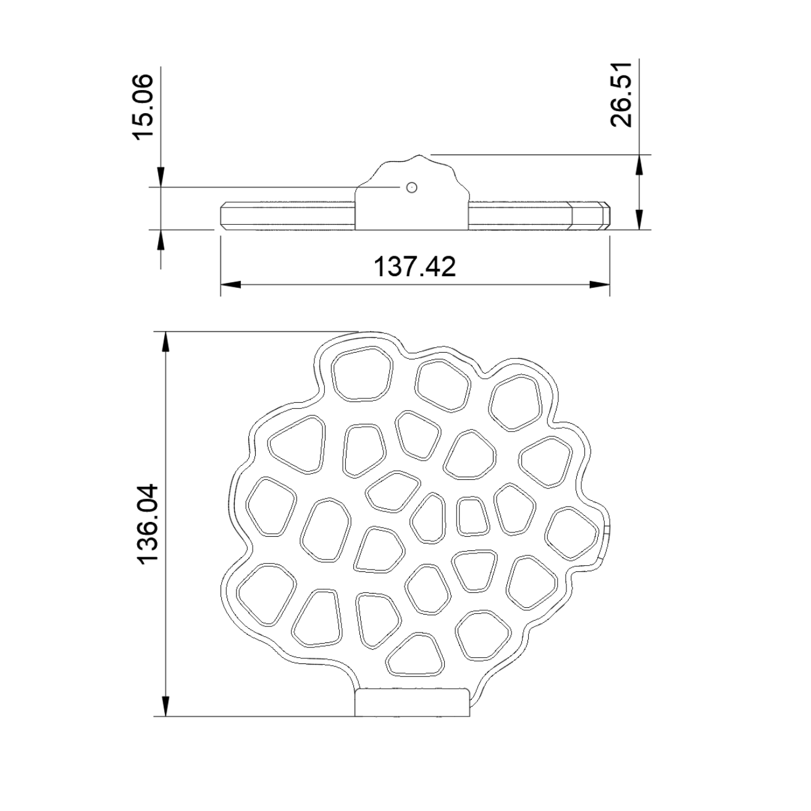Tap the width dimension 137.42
[x=414, y=267]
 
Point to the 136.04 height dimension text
[x=149, y=524]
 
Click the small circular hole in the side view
[x=412, y=187]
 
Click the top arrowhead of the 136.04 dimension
[x=166, y=342]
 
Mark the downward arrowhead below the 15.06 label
[x=161, y=177]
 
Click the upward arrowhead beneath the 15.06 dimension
[x=161, y=240]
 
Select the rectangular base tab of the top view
[x=412, y=703]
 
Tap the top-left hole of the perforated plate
[x=362, y=373]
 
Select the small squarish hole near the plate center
[x=473, y=515]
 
